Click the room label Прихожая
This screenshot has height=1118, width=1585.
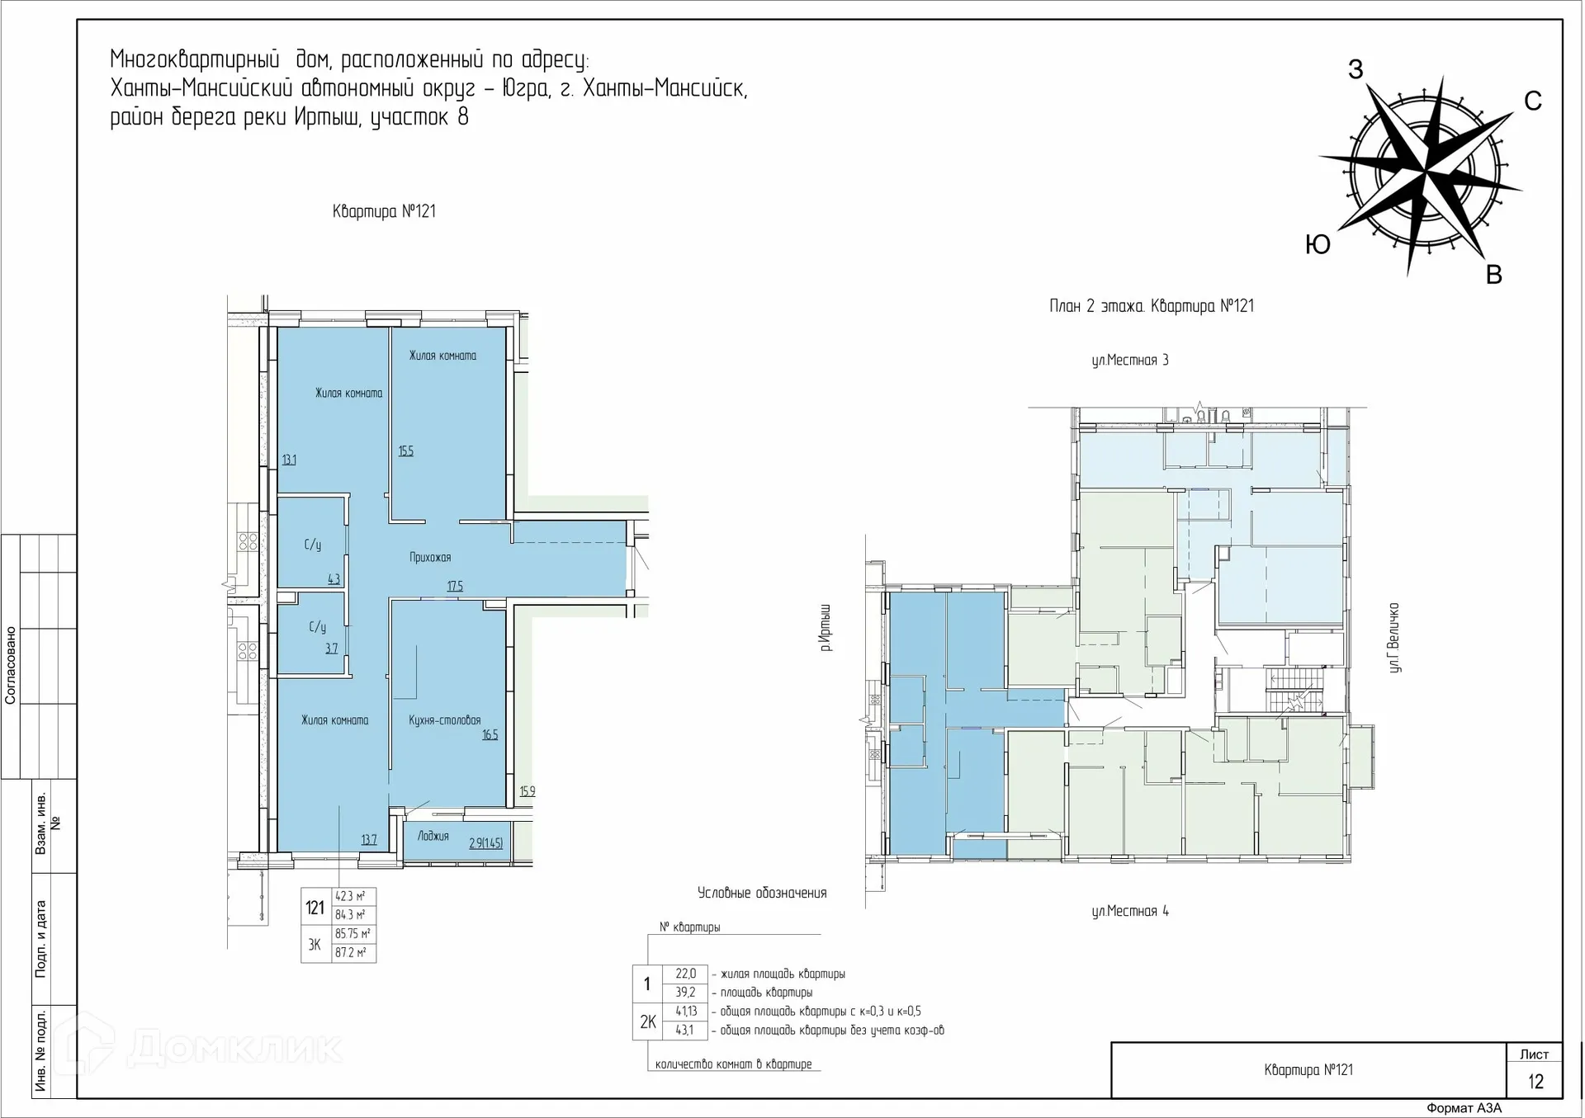(x=430, y=558)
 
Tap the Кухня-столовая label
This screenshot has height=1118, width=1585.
(x=444, y=720)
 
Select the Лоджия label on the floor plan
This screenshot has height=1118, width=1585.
(x=433, y=836)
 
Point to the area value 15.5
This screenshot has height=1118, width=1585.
(x=406, y=451)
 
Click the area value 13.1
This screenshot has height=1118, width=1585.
(x=289, y=460)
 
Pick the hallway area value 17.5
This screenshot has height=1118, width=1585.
(x=455, y=587)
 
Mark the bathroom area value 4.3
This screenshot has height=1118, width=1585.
(x=334, y=579)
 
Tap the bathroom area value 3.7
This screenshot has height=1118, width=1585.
(x=331, y=649)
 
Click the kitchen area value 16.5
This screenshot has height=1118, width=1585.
(x=490, y=734)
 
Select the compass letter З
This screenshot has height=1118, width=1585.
(x=1356, y=70)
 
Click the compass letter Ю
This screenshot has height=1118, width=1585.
(x=1318, y=244)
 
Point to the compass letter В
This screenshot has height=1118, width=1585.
(x=1493, y=275)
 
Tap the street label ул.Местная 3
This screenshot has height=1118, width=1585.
(x=1130, y=361)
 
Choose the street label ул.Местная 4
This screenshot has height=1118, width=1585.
(x=1130, y=912)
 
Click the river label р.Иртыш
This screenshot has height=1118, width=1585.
(x=826, y=627)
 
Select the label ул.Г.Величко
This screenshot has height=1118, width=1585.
(x=1394, y=638)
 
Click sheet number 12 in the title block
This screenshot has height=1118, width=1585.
(x=1535, y=1082)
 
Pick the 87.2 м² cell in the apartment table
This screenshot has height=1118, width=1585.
(x=351, y=953)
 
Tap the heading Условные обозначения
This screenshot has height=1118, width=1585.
(x=762, y=893)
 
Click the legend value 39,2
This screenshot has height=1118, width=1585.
(x=685, y=993)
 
